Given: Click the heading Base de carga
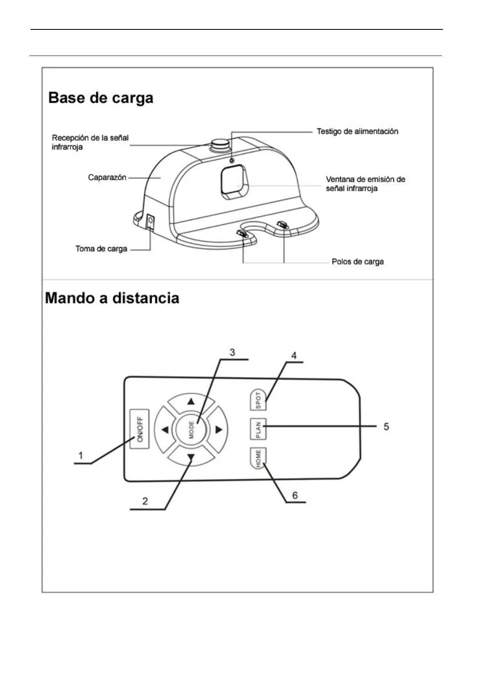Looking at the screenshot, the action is (x=101, y=98).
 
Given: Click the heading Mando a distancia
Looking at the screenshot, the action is (x=112, y=298).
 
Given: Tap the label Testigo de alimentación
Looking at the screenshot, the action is (x=357, y=132).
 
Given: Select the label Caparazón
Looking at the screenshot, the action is (x=107, y=178).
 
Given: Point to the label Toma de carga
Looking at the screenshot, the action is (x=101, y=249).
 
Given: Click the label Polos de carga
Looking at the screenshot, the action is (x=357, y=262).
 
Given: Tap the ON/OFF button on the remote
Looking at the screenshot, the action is (x=139, y=429).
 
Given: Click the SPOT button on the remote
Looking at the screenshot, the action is (x=258, y=400).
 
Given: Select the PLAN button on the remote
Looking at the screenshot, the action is (x=258, y=429).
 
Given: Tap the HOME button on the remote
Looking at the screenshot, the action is (x=258, y=458).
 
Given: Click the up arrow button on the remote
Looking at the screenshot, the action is (x=191, y=402).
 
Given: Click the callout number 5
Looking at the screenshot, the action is (x=386, y=427).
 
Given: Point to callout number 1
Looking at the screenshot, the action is (x=81, y=455).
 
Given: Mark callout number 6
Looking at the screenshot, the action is (x=295, y=495).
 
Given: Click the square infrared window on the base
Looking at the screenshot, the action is (x=234, y=182).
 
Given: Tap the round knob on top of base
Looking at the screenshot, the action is (x=220, y=145).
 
